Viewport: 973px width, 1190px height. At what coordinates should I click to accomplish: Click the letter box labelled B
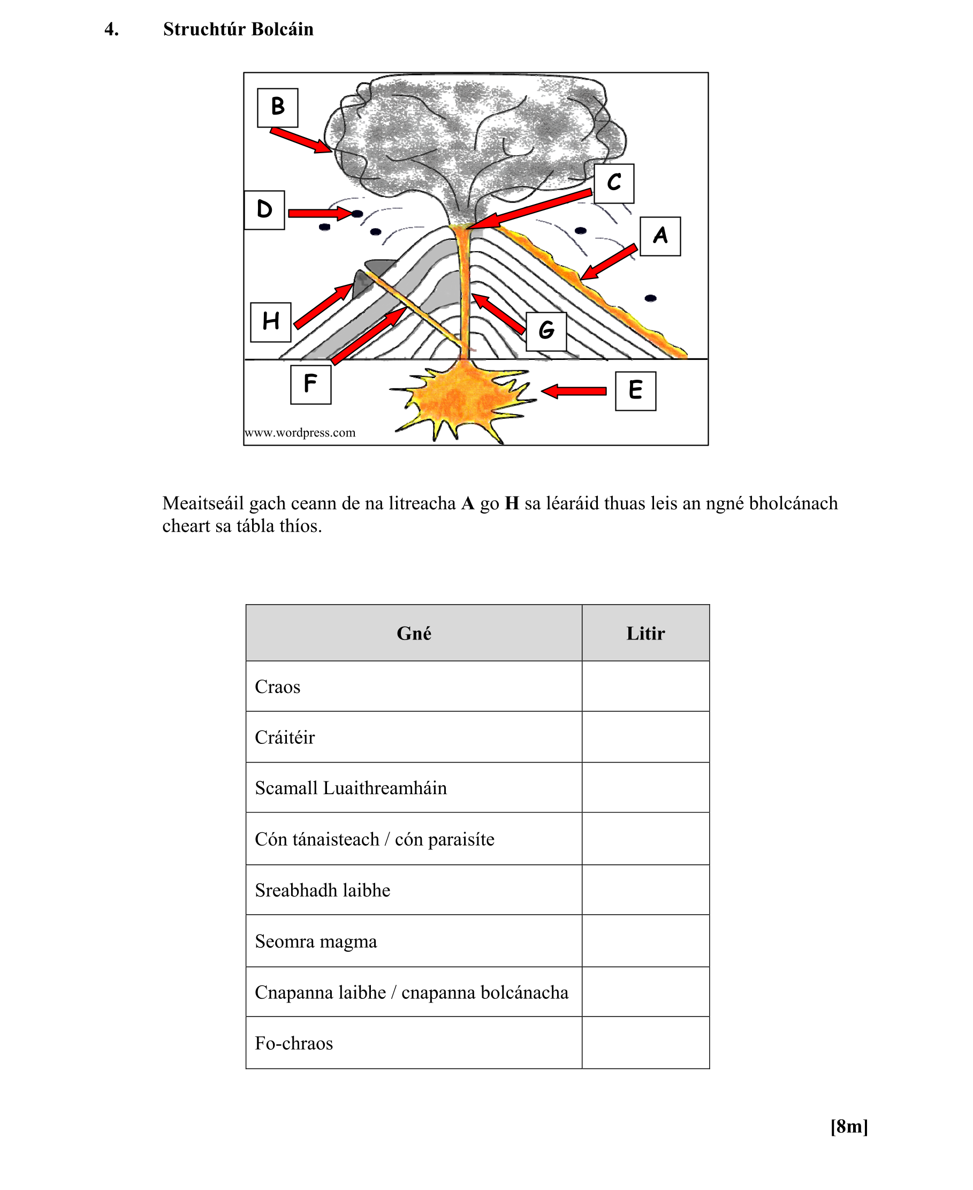277,108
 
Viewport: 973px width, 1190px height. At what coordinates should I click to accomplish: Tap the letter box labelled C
614,183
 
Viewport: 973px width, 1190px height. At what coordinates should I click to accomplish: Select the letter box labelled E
635,391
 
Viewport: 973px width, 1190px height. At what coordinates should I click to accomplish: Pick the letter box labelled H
271,322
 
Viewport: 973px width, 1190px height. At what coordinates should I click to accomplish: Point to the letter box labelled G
546,332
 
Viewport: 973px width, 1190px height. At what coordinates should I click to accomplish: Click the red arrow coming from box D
320,213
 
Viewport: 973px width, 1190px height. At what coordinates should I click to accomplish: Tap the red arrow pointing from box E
574,391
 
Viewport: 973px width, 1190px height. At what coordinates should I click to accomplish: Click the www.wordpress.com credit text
300,433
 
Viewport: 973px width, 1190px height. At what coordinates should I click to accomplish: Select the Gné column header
414,633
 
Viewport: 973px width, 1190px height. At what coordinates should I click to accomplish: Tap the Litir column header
645,633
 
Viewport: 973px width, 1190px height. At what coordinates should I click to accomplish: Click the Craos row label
277,687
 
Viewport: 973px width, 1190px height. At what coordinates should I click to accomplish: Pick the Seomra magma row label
316,941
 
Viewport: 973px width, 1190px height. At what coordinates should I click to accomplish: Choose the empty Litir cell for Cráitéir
645,737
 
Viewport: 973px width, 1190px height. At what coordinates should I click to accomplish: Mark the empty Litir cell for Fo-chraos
645,1043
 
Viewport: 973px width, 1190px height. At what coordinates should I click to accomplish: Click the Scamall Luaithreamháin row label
351,788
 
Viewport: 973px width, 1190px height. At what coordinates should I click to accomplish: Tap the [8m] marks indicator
849,1126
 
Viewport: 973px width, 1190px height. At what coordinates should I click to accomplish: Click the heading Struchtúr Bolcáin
238,29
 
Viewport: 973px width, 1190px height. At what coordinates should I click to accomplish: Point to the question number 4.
111,29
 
